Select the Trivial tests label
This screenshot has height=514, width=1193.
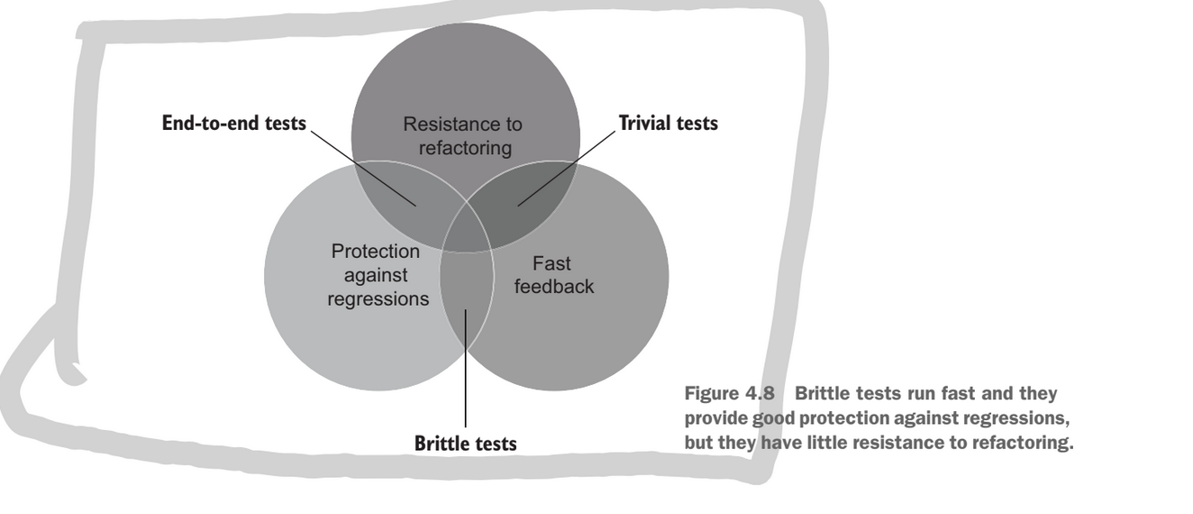coord(669,124)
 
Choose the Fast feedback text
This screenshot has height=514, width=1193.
coord(549,275)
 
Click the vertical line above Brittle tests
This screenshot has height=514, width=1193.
coord(465,370)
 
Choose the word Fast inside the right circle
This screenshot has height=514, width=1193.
coord(552,263)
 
